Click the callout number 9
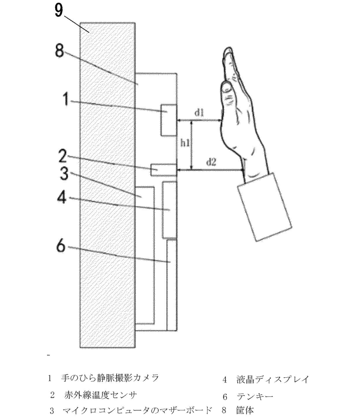click(58, 10)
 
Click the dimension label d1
click(199, 114)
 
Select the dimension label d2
click(211, 162)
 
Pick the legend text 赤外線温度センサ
click(100, 395)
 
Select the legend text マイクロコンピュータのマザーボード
click(137, 410)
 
